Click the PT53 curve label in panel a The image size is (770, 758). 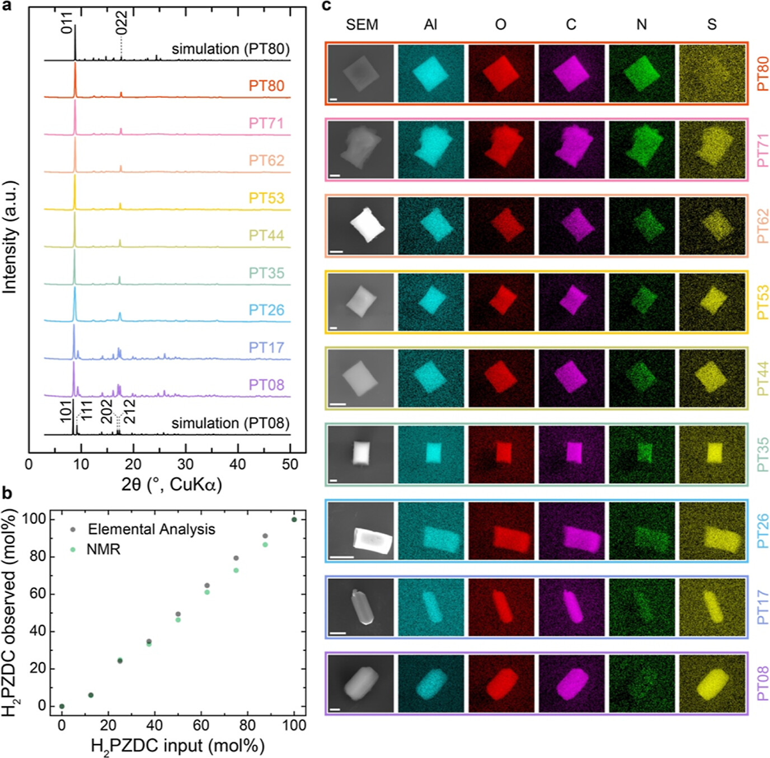[266, 198]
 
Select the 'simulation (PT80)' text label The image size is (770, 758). [231, 49]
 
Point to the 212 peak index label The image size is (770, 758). [129, 411]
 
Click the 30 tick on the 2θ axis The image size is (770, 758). [185, 464]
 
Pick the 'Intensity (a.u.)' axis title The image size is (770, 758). [10, 237]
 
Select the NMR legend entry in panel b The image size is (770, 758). [104, 549]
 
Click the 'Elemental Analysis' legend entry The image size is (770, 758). [151, 529]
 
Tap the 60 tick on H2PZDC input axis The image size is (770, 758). [201, 726]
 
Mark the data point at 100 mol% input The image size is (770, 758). [294, 520]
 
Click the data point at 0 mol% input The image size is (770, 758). [62, 706]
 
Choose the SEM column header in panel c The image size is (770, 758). [362, 25]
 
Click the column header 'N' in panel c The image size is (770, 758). [641, 25]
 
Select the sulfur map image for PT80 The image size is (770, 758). [712, 73]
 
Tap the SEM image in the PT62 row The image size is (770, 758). [361, 226]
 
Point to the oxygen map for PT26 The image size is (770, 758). [501, 530]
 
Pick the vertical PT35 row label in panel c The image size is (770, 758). [762, 455]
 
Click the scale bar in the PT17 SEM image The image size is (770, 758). [338, 633]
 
